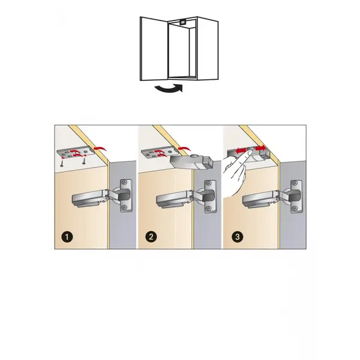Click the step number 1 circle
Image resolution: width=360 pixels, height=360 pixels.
tap(67, 236)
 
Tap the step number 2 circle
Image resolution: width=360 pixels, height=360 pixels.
tap(151, 236)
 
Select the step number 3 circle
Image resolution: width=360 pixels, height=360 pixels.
tap(238, 236)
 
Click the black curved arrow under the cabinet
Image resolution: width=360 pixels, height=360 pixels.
tap(169, 89)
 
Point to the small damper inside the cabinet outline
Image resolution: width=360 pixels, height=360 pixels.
tap(183, 22)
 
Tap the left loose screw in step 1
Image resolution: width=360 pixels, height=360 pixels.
tap(62, 163)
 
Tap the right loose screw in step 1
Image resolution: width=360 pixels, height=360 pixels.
tap(85, 160)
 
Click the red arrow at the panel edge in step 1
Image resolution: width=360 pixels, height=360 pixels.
tap(100, 148)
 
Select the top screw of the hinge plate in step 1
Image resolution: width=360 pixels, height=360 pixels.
tap(125, 182)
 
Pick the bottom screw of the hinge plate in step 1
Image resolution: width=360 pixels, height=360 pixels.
tap(125, 207)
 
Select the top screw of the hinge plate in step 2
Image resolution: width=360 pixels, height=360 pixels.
tap(208, 184)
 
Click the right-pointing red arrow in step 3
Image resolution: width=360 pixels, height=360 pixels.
tap(260, 148)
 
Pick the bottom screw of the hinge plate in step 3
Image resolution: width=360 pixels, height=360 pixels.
tap(295, 208)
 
